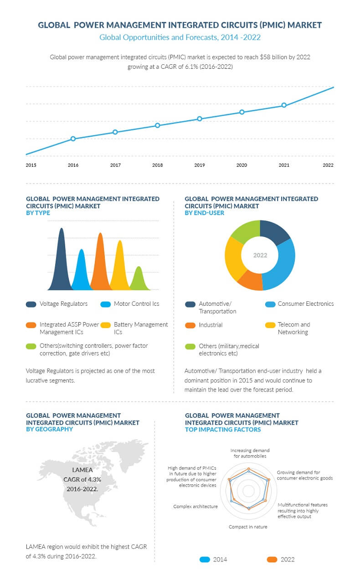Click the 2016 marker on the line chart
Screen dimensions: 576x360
coord(73,139)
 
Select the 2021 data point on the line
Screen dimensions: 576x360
coord(284,105)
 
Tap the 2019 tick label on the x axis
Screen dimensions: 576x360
coord(200,165)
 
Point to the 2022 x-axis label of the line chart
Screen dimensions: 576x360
coord(328,165)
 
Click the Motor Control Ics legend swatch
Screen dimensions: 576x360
coord(106,304)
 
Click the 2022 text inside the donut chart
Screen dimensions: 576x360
coord(260,255)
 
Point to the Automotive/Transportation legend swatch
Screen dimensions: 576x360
coord(190,304)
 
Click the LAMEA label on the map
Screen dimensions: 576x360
coord(82,470)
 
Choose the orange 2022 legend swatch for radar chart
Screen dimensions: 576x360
coord(272,560)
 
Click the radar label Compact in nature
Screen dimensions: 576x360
coord(248,527)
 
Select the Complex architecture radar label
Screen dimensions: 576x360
coord(195,506)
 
